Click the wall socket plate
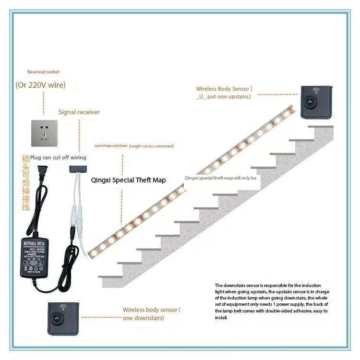(x=45, y=133)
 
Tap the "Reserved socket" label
(x=43, y=72)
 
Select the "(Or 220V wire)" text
(x=41, y=85)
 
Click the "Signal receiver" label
(x=79, y=112)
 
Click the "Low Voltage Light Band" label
(x=110, y=146)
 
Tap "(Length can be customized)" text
(x=152, y=146)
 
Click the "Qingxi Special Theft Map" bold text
(x=128, y=180)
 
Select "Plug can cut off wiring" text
(x=58, y=157)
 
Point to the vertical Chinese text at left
(x=26, y=182)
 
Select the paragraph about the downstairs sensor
(x=272, y=301)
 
